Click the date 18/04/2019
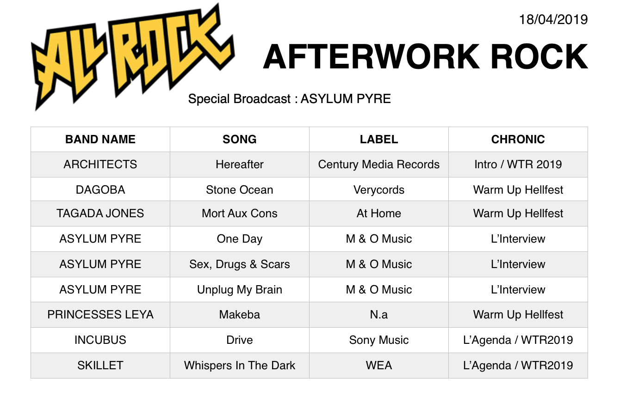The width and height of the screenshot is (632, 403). pyautogui.click(x=553, y=20)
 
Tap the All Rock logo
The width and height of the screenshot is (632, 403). pyautogui.click(x=133, y=56)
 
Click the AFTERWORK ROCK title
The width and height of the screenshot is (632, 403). pyautogui.click(x=426, y=57)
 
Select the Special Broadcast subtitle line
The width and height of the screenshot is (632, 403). pyautogui.click(x=290, y=99)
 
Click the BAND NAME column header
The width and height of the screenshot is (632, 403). pyautogui.click(x=100, y=139)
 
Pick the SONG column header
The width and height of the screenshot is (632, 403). pyautogui.click(x=240, y=139)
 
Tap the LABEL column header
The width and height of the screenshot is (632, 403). pyautogui.click(x=379, y=139)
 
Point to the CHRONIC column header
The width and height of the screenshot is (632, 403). pyautogui.click(x=518, y=139)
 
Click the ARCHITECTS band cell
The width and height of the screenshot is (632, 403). pyautogui.click(x=100, y=165)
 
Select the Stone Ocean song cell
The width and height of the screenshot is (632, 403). pyautogui.click(x=240, y=189)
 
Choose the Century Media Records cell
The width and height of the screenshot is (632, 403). pyautogui.click(x=379, y=165)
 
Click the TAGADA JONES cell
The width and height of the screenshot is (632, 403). pyautogui.click(x=100, y=214)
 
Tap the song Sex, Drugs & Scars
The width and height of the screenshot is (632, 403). pyautogui.click(x=240, y=264)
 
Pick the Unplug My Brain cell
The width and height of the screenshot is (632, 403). pyautogui.click(x=240, y=290)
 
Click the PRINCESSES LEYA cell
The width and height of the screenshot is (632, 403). pyautogui.click(x=100, y=315)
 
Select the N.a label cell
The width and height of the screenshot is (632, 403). pyautogui.click(x=379, y=315)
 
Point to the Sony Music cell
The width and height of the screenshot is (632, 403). pyautogui.click(x=379, y=340)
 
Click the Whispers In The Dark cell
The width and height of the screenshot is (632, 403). pyautogui.click(x=240, y=366)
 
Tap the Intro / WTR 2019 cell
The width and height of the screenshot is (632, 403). pyautogui.click(x=518, y=165)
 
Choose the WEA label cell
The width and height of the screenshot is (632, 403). pyautogui.click(x=379, y=366)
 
